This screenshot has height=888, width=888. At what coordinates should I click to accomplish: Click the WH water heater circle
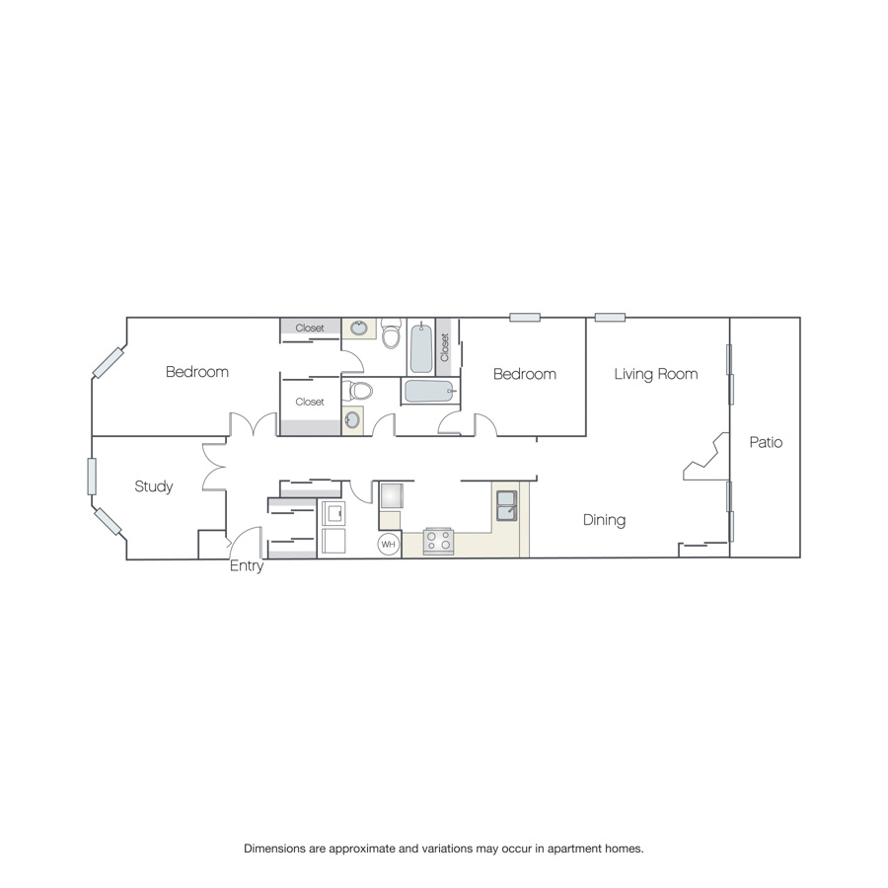tap(388, 545)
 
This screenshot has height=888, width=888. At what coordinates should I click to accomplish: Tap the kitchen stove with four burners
tap(438, 541)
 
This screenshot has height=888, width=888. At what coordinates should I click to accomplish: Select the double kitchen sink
tap(506, 505)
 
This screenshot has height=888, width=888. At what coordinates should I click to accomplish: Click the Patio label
tap(766, 442)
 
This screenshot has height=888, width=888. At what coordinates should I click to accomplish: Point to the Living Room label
tap(656, 374)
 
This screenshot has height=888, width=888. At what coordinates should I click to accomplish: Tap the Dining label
tap(604, 520)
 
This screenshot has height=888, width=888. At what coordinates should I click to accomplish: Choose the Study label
tap(154, 486)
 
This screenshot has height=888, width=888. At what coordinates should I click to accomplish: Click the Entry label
tap(247, 565)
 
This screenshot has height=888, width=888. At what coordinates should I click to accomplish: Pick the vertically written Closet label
tap(445, 347)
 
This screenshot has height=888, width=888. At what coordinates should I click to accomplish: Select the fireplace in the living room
tap(706, 457)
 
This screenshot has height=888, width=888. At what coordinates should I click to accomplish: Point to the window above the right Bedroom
tap(525, 317)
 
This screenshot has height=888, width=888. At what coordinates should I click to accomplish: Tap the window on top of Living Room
tap(610, 317)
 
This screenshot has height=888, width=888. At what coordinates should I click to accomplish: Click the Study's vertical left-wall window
tap(92, 477)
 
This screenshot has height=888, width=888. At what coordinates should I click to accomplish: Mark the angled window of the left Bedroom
tap(109, 362)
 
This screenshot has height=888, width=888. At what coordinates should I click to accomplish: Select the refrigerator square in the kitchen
tap(392, 495)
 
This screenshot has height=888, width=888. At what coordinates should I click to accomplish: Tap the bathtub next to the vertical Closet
tap(421, 348)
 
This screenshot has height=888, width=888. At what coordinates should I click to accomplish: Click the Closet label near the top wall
tap(310, 328)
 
